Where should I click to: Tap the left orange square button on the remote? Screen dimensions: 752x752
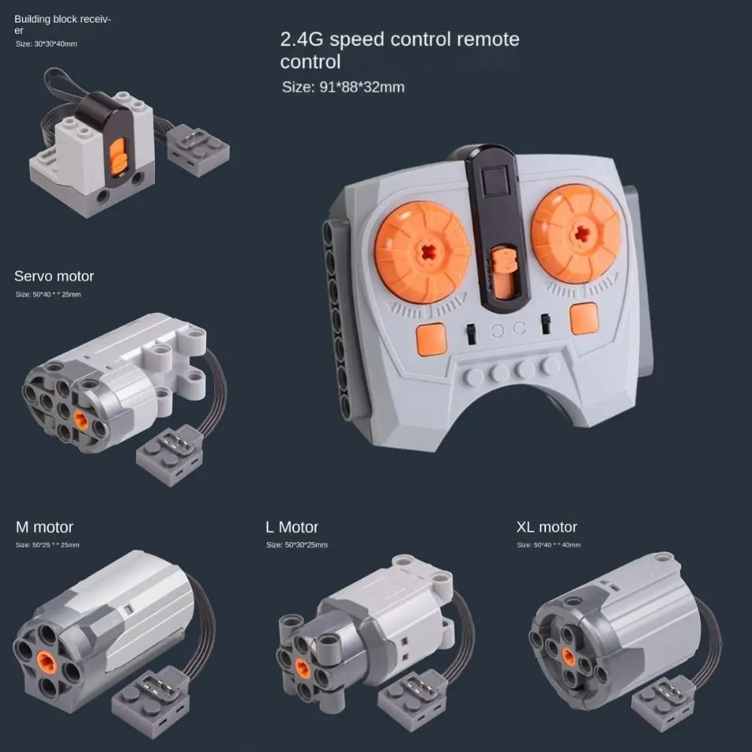tap(432, 339)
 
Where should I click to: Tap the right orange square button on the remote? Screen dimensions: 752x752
tap(584, 318)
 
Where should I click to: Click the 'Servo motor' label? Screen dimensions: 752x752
tap(54, 276)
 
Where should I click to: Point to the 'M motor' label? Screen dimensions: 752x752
tap(44, 527)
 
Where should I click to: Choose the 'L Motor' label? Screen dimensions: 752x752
tap(292, 527)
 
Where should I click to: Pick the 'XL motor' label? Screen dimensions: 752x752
tap(547, 527)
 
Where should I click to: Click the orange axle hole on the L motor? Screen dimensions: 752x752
tap(304, 665)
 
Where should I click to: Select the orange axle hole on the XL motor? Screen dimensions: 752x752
tap(569, 657)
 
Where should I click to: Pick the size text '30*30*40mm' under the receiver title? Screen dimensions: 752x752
tap(47, 44)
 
